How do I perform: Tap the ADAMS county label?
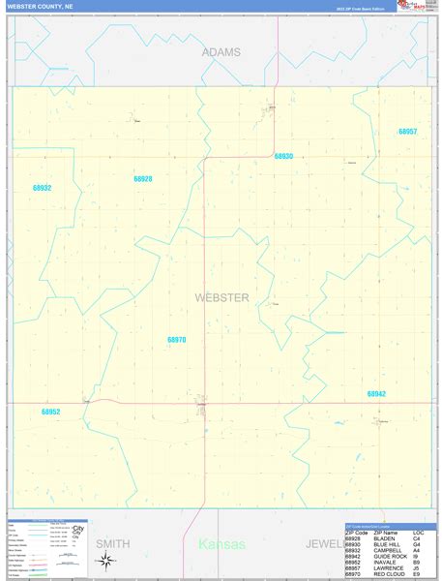[221, 52]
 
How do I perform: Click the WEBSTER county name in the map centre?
[221, 297]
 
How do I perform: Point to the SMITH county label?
[112, 545]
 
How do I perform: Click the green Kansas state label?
[222, 545]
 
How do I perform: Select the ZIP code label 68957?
[407, 132]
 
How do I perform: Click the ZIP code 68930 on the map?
[283, 156]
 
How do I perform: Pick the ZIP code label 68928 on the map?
[143, 179]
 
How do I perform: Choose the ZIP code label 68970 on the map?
[176, 340]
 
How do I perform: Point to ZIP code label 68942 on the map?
[376, 394]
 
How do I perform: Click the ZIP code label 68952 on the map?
[50, 412]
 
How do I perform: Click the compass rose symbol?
[106, 561]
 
